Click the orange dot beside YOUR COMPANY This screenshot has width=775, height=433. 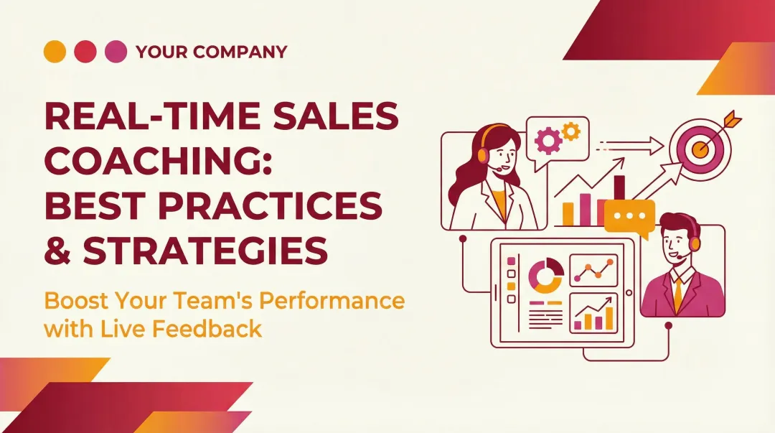point(55,51)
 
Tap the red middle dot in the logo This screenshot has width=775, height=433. point(85,51)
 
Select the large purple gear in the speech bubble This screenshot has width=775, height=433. point(548,141)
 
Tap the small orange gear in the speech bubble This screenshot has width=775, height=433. point(571,131)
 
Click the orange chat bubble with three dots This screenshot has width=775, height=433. point(629,216)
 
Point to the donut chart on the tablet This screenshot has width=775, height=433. point(545,275)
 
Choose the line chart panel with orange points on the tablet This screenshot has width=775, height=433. point(593,269)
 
